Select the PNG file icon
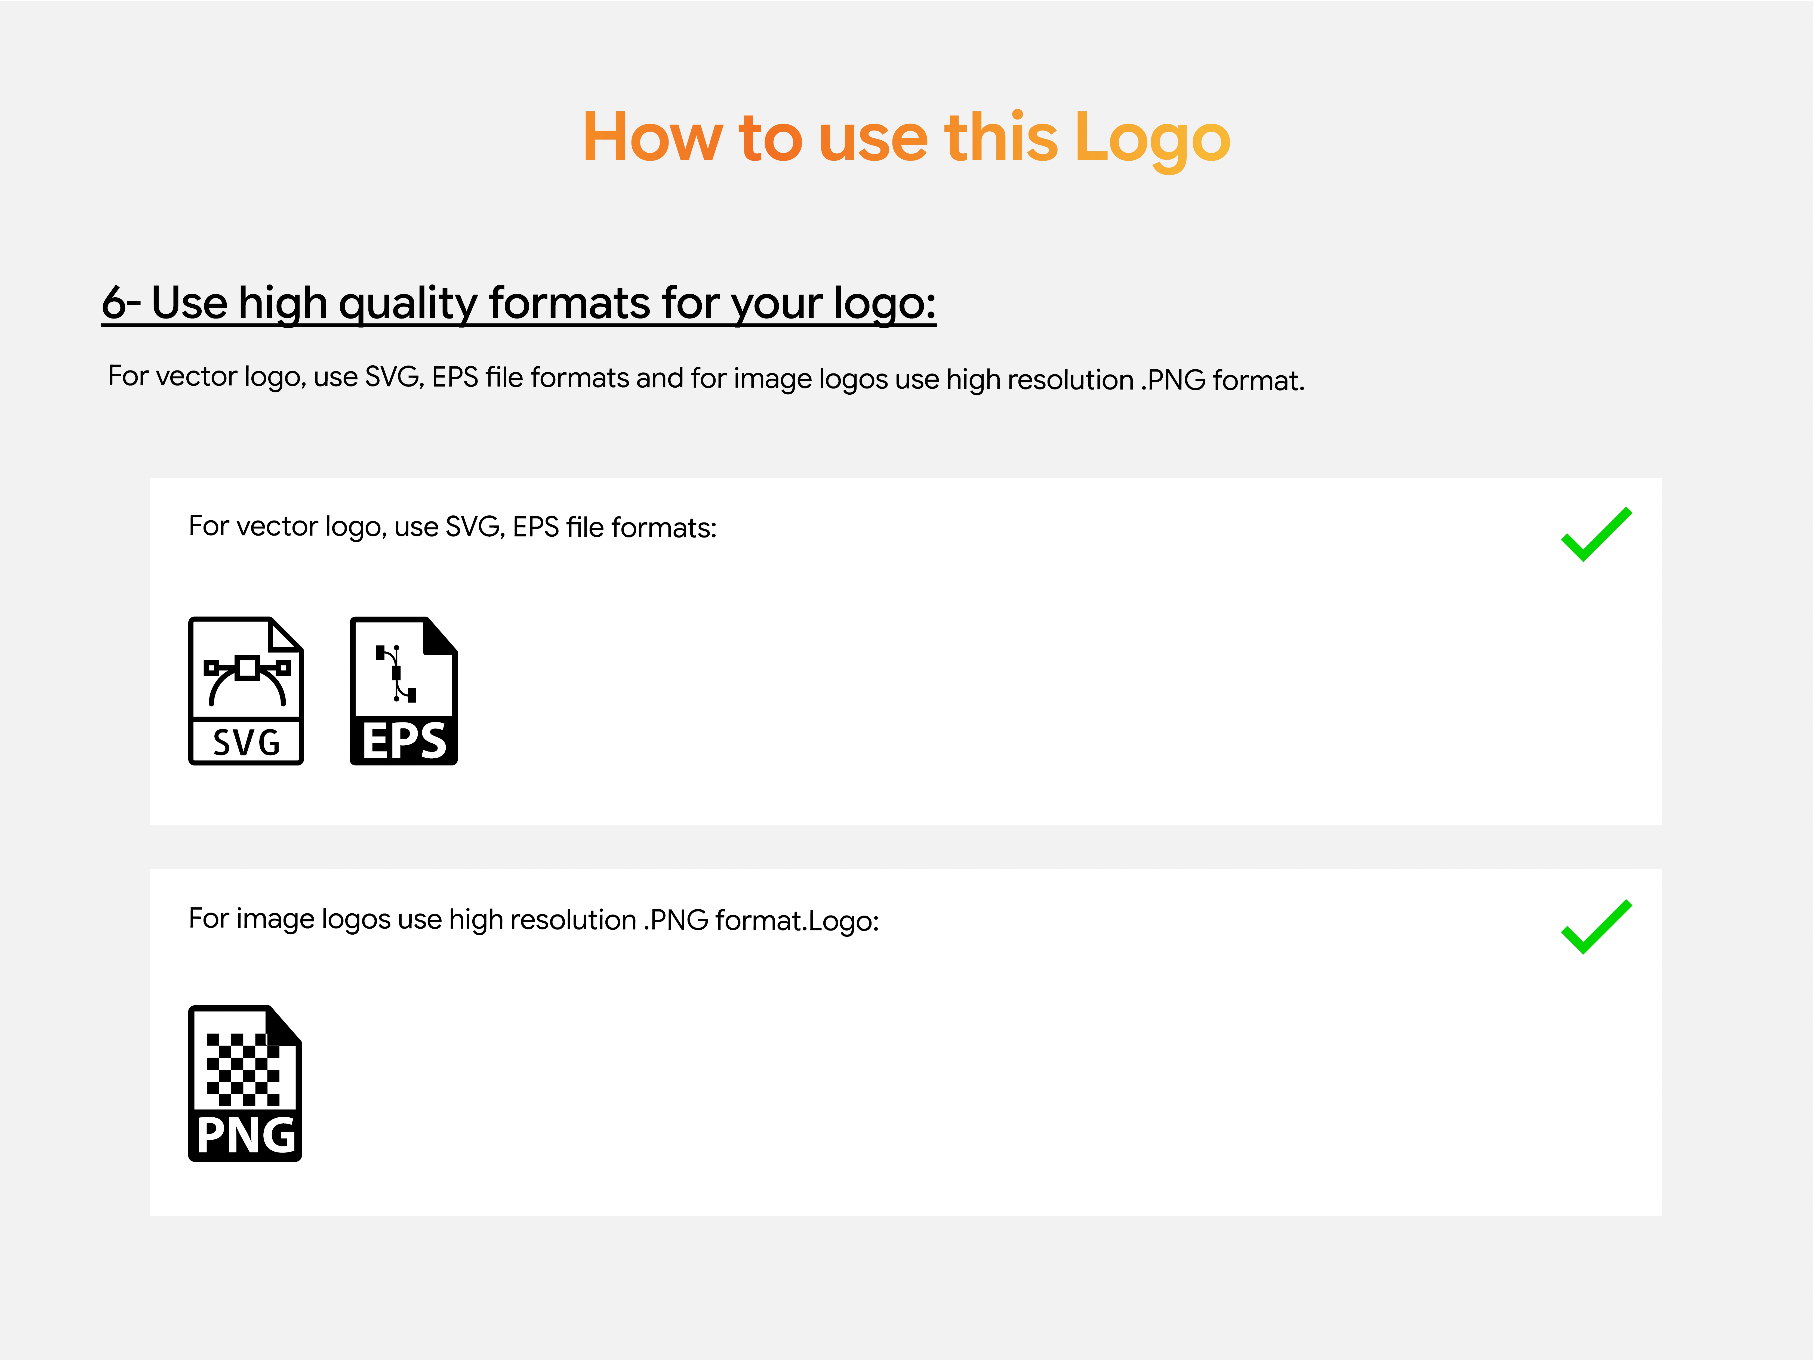(x=245, y=1083)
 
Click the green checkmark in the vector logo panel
(x=1596, y=534)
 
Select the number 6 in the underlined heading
(x=114, y=302)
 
